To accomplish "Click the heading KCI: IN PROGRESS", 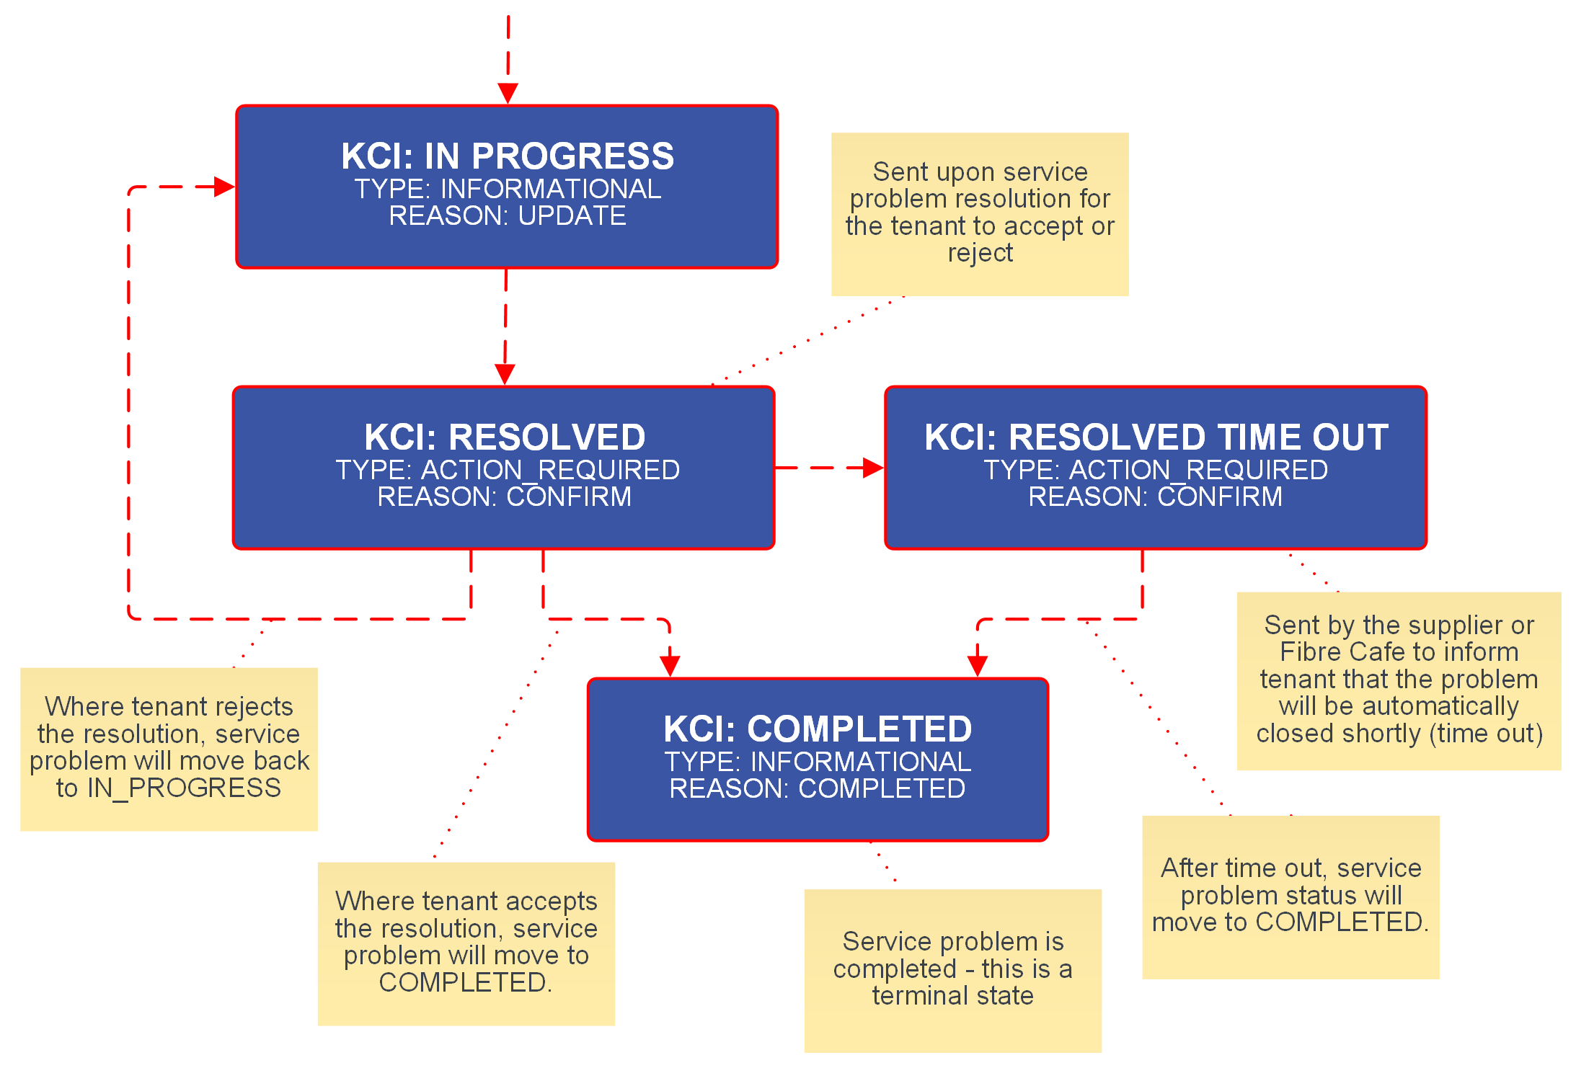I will (508, 156).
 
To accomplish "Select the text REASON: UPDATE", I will (508, 215).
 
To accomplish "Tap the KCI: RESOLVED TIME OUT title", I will (1156, 437).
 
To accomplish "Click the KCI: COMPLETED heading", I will (818, 729).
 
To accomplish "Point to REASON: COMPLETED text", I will (818, 788).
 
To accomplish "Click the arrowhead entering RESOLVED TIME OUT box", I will (873, 468).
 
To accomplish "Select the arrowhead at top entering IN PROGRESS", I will (508, 93).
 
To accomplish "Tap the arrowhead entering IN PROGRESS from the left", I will (225, 187).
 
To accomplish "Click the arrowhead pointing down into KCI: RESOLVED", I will (505, 374).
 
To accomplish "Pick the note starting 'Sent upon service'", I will (980, 213).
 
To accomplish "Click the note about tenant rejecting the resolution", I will (169, 748).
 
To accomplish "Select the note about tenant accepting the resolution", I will (466, 943).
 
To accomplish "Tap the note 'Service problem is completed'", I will (952, 969).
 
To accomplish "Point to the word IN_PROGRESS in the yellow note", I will (184, 788).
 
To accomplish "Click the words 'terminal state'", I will (952, 996).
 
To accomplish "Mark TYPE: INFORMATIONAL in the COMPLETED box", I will (818, 762).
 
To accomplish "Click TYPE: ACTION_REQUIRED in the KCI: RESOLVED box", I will (508, 470).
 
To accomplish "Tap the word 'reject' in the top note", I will (980, 253).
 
